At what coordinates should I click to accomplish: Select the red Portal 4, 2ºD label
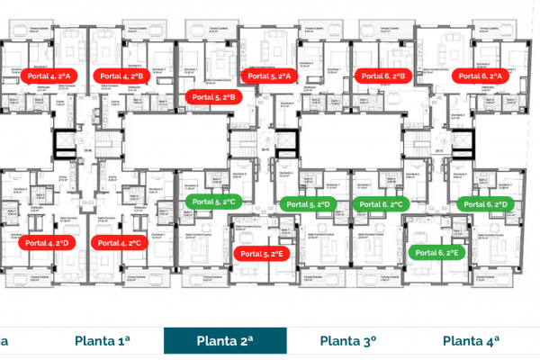51,243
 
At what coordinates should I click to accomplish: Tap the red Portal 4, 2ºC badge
121,243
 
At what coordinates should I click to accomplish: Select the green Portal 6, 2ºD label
487,205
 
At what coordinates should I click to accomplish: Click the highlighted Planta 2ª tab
225,340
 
